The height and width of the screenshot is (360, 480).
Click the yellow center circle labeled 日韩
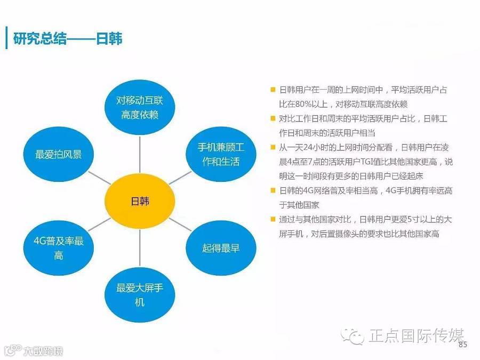coord(140,201)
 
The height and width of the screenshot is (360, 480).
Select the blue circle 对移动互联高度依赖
coord(140,107)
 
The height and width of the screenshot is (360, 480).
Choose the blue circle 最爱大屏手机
coord(140,295)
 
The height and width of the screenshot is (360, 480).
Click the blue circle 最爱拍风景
coord(59,154)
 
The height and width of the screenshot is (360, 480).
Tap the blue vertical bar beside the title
coord(6,38)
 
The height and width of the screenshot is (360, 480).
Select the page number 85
coord(462,345)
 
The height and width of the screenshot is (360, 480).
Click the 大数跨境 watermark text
coord(42,351)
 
